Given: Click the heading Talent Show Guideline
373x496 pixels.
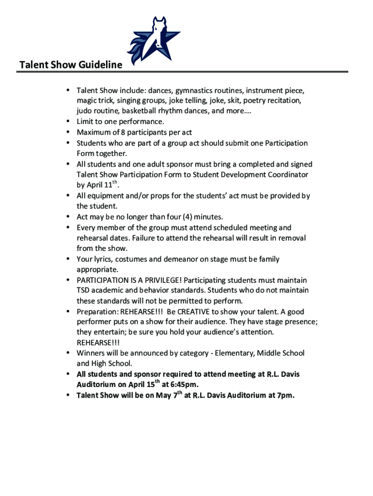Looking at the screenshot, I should tap(70, 65).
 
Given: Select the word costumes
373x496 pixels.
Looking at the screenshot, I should tap(129, 259).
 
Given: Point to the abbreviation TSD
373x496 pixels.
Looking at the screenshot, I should tap(84, 291).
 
